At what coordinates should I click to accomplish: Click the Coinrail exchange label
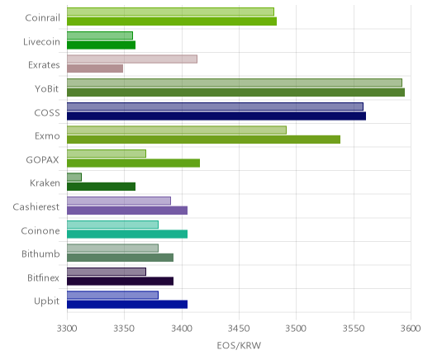[x=42, y=18]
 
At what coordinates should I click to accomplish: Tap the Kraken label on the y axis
[x=45, y=183]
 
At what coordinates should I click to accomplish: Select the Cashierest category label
[x=36, y=206]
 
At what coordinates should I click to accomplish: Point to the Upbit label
[x=46, y=301]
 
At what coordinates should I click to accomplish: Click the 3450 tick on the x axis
[x=239, y=329]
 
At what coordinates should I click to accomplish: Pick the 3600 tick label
[x=411, y=329]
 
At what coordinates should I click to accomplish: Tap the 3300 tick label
[x=67, y=329]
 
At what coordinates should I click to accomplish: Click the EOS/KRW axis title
[x=239, y=345]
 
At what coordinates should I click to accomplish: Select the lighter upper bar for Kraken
[x=74, y=178]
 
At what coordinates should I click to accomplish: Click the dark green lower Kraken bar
[x=102, y=187]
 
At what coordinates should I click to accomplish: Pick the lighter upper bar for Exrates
[x=132, y=59]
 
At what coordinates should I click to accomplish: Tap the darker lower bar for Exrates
[x=95, y=69]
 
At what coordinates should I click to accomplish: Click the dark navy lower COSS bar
[x=216, y=116]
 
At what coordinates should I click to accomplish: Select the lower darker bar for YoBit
[x=236, y=92]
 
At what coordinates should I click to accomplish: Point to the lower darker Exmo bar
[x=204, y=140]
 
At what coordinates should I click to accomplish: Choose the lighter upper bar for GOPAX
[x=107, y=154]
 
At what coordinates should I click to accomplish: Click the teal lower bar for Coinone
[x=127, y=234]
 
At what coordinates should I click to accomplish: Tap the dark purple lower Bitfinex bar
[x=121, y=282]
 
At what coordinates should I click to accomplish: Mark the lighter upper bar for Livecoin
[x=100, y=36]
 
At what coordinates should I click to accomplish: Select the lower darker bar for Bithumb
[x=121, y=258]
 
